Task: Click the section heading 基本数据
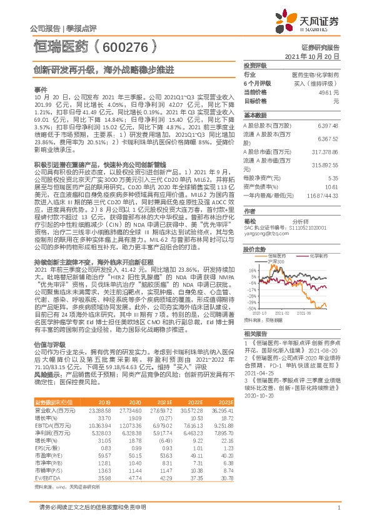[x=254, y=116]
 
